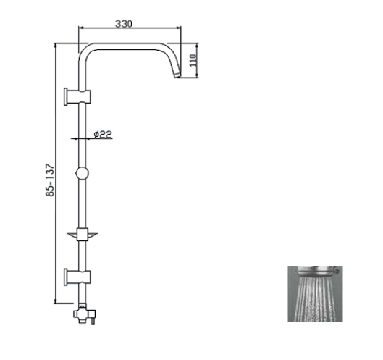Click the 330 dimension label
click(124, 24)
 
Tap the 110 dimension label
click(193, 60)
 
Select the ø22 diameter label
click(103, 134)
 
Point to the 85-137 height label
click(50, 180)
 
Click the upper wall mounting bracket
click(77, 97)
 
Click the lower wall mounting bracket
click(77, 277)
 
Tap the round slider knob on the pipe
click(82, 173)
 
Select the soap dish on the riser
click(83, 235)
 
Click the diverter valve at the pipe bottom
click(85, 314)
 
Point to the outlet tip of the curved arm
click(177, 75)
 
